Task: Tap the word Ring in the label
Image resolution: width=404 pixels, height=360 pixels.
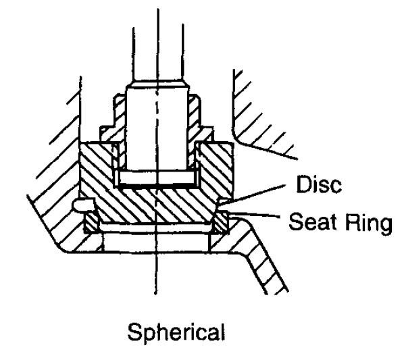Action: coord(369,224)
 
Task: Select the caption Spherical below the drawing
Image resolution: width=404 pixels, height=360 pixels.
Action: coord(176,333)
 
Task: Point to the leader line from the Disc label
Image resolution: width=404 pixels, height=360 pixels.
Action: coord(253,195)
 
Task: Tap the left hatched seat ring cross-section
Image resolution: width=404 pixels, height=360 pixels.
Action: coord(91,223)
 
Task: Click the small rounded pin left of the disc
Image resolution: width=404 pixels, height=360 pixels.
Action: coord(83,205)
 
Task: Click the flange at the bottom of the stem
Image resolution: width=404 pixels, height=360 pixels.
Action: coord(156,178)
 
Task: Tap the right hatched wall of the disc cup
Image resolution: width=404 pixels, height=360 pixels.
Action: coord(216,168)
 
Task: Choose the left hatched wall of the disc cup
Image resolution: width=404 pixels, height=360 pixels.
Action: coord(97,168)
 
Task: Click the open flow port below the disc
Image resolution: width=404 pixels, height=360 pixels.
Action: coord(156,242)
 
